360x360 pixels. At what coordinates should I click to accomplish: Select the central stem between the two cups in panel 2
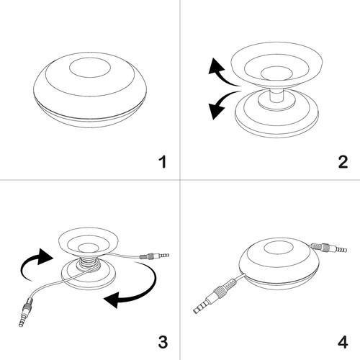(276, 96)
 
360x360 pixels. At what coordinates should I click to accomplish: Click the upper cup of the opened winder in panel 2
(277, 65)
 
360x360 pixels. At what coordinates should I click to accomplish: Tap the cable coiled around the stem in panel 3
(89, 265)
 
